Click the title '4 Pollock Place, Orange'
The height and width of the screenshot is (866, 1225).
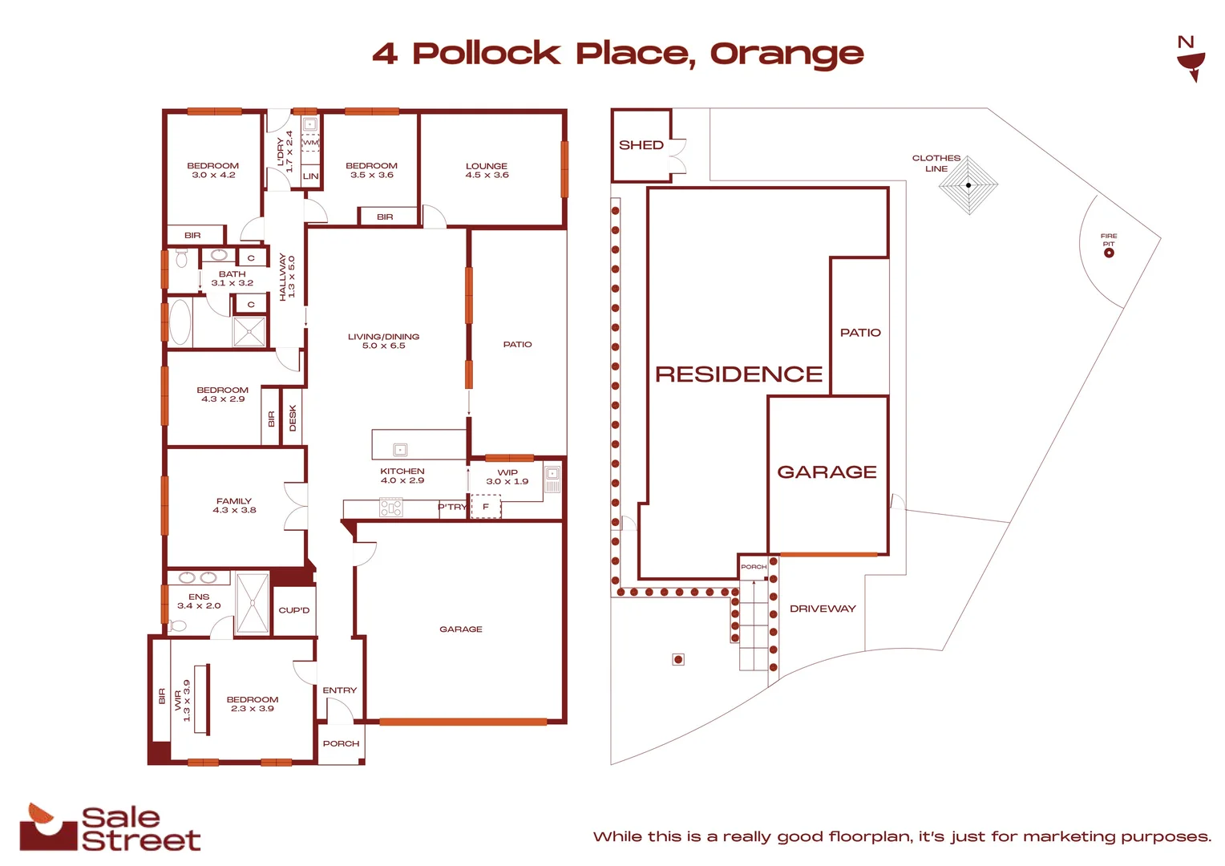pyautogui.click(x=617, y=54)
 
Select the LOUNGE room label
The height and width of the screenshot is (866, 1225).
pyautogui.click(x=487, y=170)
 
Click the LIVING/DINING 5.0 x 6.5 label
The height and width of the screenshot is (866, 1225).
pyautogui.click(x=383, y=341)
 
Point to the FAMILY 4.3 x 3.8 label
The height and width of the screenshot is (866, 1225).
pyautogui.click(x=234, y=505)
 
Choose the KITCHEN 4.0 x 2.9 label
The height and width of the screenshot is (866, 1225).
pyautogui.click(x=402, y=475)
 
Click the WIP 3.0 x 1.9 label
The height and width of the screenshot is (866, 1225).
pyautogui.click(x=507, y=476)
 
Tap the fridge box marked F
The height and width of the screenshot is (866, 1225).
pyautogui.click(x=486, y=507)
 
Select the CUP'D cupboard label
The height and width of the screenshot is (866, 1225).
pyautogui.click(x=294, y=610)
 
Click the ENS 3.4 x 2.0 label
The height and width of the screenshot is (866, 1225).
pyautogui.click(x=199, y=601)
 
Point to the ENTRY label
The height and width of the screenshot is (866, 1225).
pyautogui.click(x=340, y=690)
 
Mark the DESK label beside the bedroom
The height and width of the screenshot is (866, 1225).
pyautogui.click(x=293, y=418)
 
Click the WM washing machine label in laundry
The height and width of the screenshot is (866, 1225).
pyautogui.click(x=310, y=143)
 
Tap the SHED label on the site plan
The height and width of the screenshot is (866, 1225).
pyautogui.click(x=641, y=145)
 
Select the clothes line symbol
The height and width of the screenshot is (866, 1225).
pyautogui.click(x=968, y=185)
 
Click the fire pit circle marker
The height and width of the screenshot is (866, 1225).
pyautogui.click(x=1109, y=253)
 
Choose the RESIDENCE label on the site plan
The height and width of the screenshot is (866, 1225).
pyautogui.click(x=738, y=374)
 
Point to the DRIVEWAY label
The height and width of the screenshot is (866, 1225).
pyautogui.click(x=823, y=609)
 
